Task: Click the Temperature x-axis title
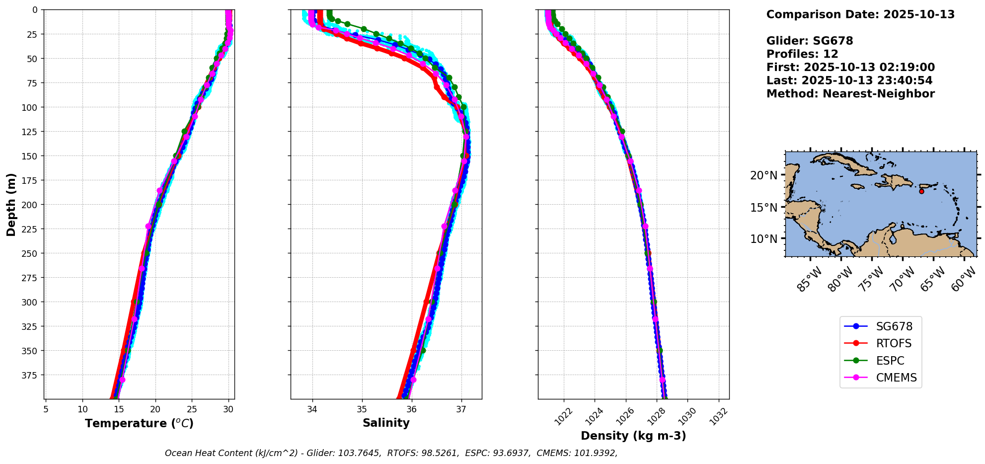139,424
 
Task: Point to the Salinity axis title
386,423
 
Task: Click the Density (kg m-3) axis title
633,436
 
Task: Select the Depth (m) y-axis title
11,205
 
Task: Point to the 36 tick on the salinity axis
411,409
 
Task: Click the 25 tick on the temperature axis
192,409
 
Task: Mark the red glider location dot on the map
921,191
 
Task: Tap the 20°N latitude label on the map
764,175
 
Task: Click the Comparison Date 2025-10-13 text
860,15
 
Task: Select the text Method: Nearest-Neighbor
850,94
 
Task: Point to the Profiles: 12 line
802,54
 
